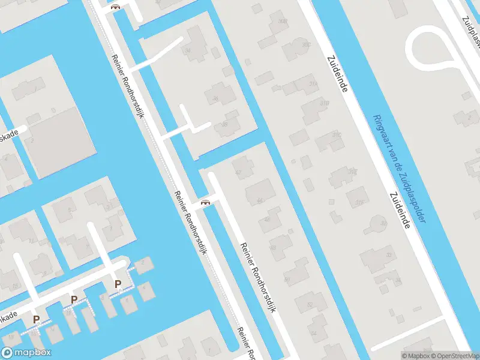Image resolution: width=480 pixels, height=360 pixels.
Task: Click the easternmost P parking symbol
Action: (118, 284)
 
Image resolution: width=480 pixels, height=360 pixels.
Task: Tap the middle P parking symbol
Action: (74, 300)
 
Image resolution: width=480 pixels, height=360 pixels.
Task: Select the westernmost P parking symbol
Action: (36, 319)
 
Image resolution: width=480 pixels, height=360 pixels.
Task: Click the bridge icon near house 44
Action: (206, 202)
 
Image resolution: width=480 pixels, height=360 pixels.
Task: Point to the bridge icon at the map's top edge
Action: (115, 7)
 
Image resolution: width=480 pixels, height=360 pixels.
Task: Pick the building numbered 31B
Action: (325, 103)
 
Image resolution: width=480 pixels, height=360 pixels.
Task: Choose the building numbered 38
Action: (224, 125)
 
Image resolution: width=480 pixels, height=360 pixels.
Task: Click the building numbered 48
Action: (274, 246)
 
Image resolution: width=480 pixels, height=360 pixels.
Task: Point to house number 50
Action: (287, 279)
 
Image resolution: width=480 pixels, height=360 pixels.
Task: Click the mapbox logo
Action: (26, 352)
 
